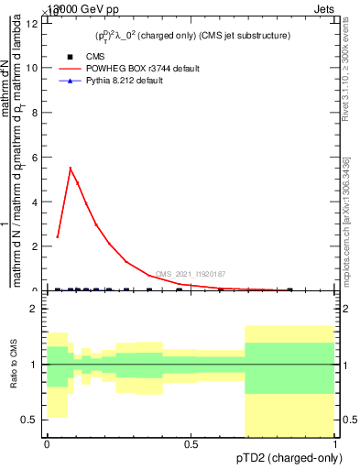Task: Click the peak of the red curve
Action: [71, 168]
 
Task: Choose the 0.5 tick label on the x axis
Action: [191, 443]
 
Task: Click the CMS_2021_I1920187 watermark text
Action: [191, 274]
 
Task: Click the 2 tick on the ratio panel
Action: [37, 309]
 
